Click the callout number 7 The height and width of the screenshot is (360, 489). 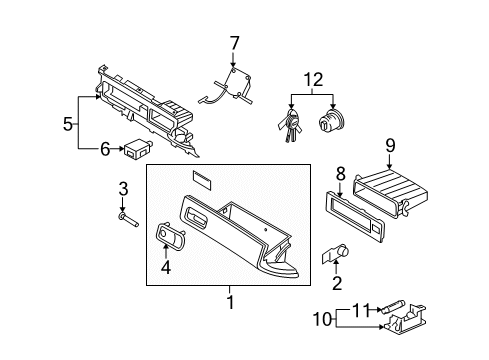(x=234, y=43)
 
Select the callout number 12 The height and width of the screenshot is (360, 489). (x=313, y=80)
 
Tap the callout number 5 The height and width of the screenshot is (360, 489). (x=68, y=124)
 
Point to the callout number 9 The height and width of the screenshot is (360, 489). (x=390, y=146)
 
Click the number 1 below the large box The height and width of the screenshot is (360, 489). (x=230, y=302)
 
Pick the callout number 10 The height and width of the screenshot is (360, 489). (x=322, y=319)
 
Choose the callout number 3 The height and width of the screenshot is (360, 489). (x=123, y=189)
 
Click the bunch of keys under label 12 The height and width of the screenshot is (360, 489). (x=290, y=124)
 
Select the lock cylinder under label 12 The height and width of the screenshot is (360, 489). (x=331, y=120)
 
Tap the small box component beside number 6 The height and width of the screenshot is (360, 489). (x=138, y=149)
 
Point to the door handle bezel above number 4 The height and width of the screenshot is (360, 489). (x=171, y=235)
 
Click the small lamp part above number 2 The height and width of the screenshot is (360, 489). (x=335, y=253)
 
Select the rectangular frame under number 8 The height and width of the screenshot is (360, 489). (x=354, y=216)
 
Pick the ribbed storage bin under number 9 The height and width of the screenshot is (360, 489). (x=391, y=193)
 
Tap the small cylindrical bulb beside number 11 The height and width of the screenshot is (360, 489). (x=394, y=306)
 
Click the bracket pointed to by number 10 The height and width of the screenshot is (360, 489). (x=405, y=319)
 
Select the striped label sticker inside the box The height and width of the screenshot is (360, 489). (x=202, y=180)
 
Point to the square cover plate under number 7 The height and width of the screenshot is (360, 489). (x=237, y=83)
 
